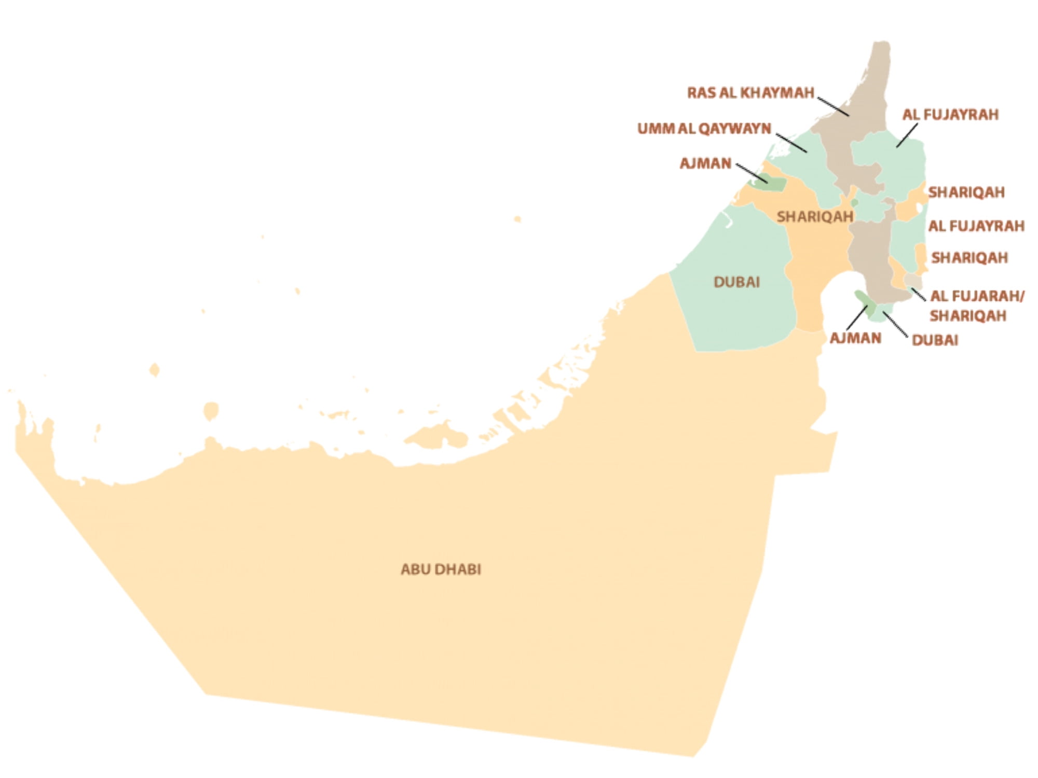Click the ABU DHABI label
pyautogui.click(x=441, y=569)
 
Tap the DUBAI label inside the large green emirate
pyautogui.click(x=736, y=282)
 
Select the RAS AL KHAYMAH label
pyautogui.click(x=750, y=93)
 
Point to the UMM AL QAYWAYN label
pyautogui.click(x=704, y=129)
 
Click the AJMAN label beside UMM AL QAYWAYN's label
pyautogui.click(x=705, y=163)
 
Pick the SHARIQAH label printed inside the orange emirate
pyautogui.click(x=814, y=217)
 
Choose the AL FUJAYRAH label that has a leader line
pyautogui.click(x=950, y=115)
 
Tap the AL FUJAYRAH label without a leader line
pyautogui.click(x=976, y=226)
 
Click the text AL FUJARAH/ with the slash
pyautogui.click(x=977, y=296)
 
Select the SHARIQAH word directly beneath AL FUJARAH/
pyautogui.click(x=968, y=316)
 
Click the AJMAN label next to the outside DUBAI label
pyautogui.click(x=855, y=338)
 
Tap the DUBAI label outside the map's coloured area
pyautogui.click(x=935, y=340)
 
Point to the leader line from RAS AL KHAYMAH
pyautogui.click(x=833, y=106)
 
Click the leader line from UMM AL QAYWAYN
pyautogui.click(x=791, y=143)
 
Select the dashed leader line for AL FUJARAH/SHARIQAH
pyautogui.click(x=918, y=294)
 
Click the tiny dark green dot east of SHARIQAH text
pyautogui.click(x=854, y=202)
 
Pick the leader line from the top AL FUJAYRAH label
pyautogui.click(x=907, y=135)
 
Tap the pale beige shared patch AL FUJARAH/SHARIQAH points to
pyautogui.click(x=912, y=281)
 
